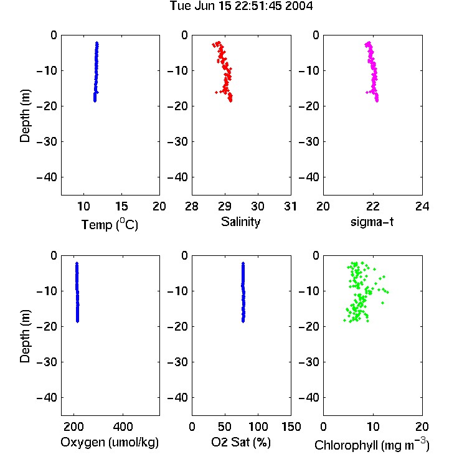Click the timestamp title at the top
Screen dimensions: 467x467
pos(241,6)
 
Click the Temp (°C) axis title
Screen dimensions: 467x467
pos(110,224)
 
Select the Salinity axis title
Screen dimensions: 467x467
pos(240,222)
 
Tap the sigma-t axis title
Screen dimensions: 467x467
pos(372,222)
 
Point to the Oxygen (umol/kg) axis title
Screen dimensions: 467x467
pos(110,442)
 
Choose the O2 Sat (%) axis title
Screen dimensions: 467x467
pos(240,442)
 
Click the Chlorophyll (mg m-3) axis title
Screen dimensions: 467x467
pos(372,445)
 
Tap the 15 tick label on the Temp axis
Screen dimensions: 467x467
pos(121,206)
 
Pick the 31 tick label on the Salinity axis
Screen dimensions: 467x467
pos(290,206)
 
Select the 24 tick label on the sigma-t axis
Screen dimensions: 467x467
pos(422,206)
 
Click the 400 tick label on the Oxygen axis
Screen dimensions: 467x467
pos(123,427)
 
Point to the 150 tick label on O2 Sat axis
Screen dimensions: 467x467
pos(291,427)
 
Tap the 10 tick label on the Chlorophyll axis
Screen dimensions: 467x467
pos(372,427)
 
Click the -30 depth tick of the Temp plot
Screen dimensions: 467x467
pos(47,141)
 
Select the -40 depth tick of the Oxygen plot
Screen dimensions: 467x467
pos(47,397)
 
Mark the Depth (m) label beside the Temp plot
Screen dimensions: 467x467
pos(25,116)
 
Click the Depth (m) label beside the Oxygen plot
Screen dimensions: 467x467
pos(25,336)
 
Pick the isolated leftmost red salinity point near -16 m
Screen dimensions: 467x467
pos(216,92)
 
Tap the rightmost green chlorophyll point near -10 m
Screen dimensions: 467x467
pos(387,292)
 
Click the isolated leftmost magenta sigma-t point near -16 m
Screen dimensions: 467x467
pos(367,92)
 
